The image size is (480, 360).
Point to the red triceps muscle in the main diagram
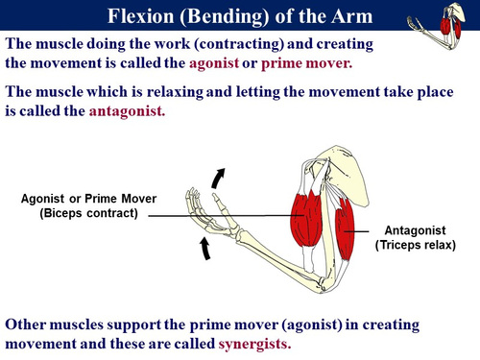tap(347, 229)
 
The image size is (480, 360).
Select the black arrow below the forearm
tap(205, 249)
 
